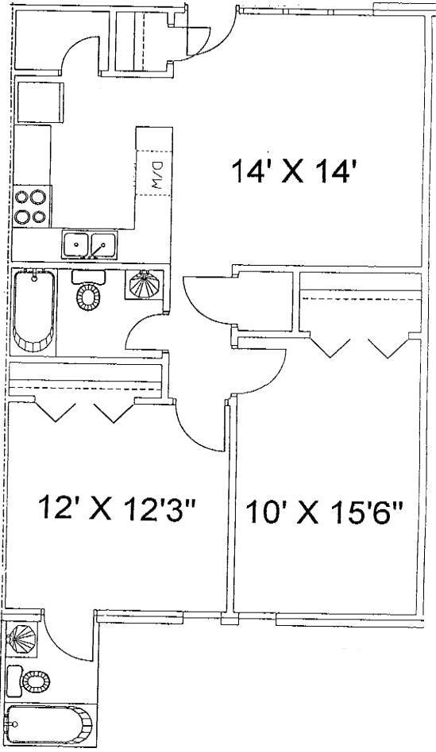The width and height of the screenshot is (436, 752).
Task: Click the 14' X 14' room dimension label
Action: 290,171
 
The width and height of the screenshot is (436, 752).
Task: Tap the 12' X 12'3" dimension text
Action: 116,508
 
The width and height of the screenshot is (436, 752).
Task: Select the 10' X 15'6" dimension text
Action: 324,512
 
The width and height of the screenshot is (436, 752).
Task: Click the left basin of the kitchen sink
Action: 77,245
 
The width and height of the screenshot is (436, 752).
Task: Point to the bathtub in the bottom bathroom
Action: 48,724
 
